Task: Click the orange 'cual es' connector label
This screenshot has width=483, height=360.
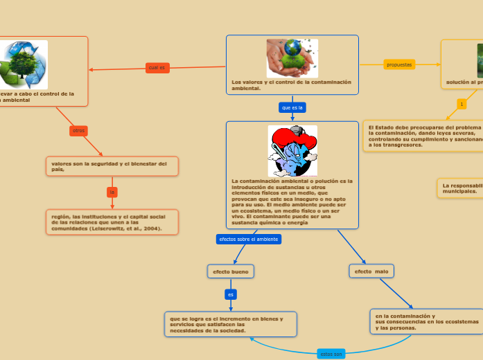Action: click(157, 67)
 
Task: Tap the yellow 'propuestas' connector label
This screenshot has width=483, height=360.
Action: click(399, 64)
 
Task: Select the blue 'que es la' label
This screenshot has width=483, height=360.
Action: click(292, 107)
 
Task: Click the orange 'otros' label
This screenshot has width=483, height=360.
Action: click(78, 130)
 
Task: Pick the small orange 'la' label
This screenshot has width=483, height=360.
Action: click(112, 191)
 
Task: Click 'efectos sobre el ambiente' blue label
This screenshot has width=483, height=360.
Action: click(249, 239)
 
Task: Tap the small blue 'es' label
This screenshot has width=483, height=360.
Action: click(231, 294)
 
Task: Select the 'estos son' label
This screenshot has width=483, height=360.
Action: click(331, 354)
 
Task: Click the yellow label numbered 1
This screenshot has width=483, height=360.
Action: click(462, 104)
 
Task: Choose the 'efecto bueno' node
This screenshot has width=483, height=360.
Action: click(231, 271)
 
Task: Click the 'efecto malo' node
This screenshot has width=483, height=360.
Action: click(371, 271)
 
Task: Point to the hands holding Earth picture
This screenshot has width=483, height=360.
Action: click(292, 57)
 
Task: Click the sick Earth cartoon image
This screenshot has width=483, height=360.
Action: click(292, 151)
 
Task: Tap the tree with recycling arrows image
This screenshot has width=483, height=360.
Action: click(24, 64)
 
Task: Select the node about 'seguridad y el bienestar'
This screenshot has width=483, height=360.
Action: click(112, 166)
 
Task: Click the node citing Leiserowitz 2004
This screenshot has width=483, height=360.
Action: click(112, 222)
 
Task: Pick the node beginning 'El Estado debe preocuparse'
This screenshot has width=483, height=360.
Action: click(423, 136)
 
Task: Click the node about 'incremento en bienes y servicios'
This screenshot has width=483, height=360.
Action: click(231, 324)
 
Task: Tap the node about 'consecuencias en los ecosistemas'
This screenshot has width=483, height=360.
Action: click(426, 322)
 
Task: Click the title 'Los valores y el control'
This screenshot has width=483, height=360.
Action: click(292, 85)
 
